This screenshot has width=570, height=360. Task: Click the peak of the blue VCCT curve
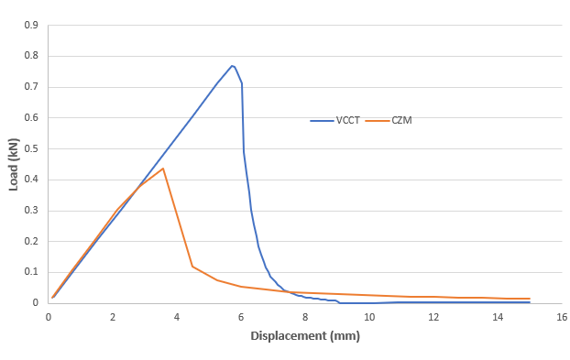click(x=232, y=66)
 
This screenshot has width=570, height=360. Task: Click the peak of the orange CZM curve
click(x=163, y=169)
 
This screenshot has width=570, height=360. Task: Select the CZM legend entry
click(x=400, y=120)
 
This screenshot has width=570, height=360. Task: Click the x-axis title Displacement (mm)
click(x=305, y=336)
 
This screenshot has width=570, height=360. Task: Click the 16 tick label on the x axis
click(x=561, y=316)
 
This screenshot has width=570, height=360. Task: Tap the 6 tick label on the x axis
click(x=241, y=316)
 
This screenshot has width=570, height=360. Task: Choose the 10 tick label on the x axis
click(x=368, y=316)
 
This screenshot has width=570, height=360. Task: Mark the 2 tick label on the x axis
click(x=113, y=316)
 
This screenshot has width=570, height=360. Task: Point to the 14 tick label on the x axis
click(x=497, y=316)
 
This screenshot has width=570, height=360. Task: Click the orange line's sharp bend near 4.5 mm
click(x=192, y=267)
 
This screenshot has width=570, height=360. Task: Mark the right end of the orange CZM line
click(x=530, y=299)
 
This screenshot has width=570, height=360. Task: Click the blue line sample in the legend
click(x=322, y=120)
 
